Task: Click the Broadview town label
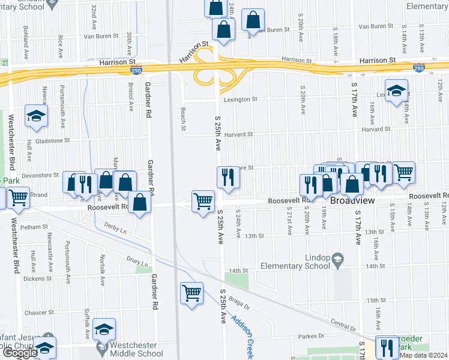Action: click(353, 202)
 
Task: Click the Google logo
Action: click(19, 353)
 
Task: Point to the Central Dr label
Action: click(343, 326)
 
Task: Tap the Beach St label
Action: click(183, 118)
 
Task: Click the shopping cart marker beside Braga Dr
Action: click(191, 293)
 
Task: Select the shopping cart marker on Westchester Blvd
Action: click(17, 196)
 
